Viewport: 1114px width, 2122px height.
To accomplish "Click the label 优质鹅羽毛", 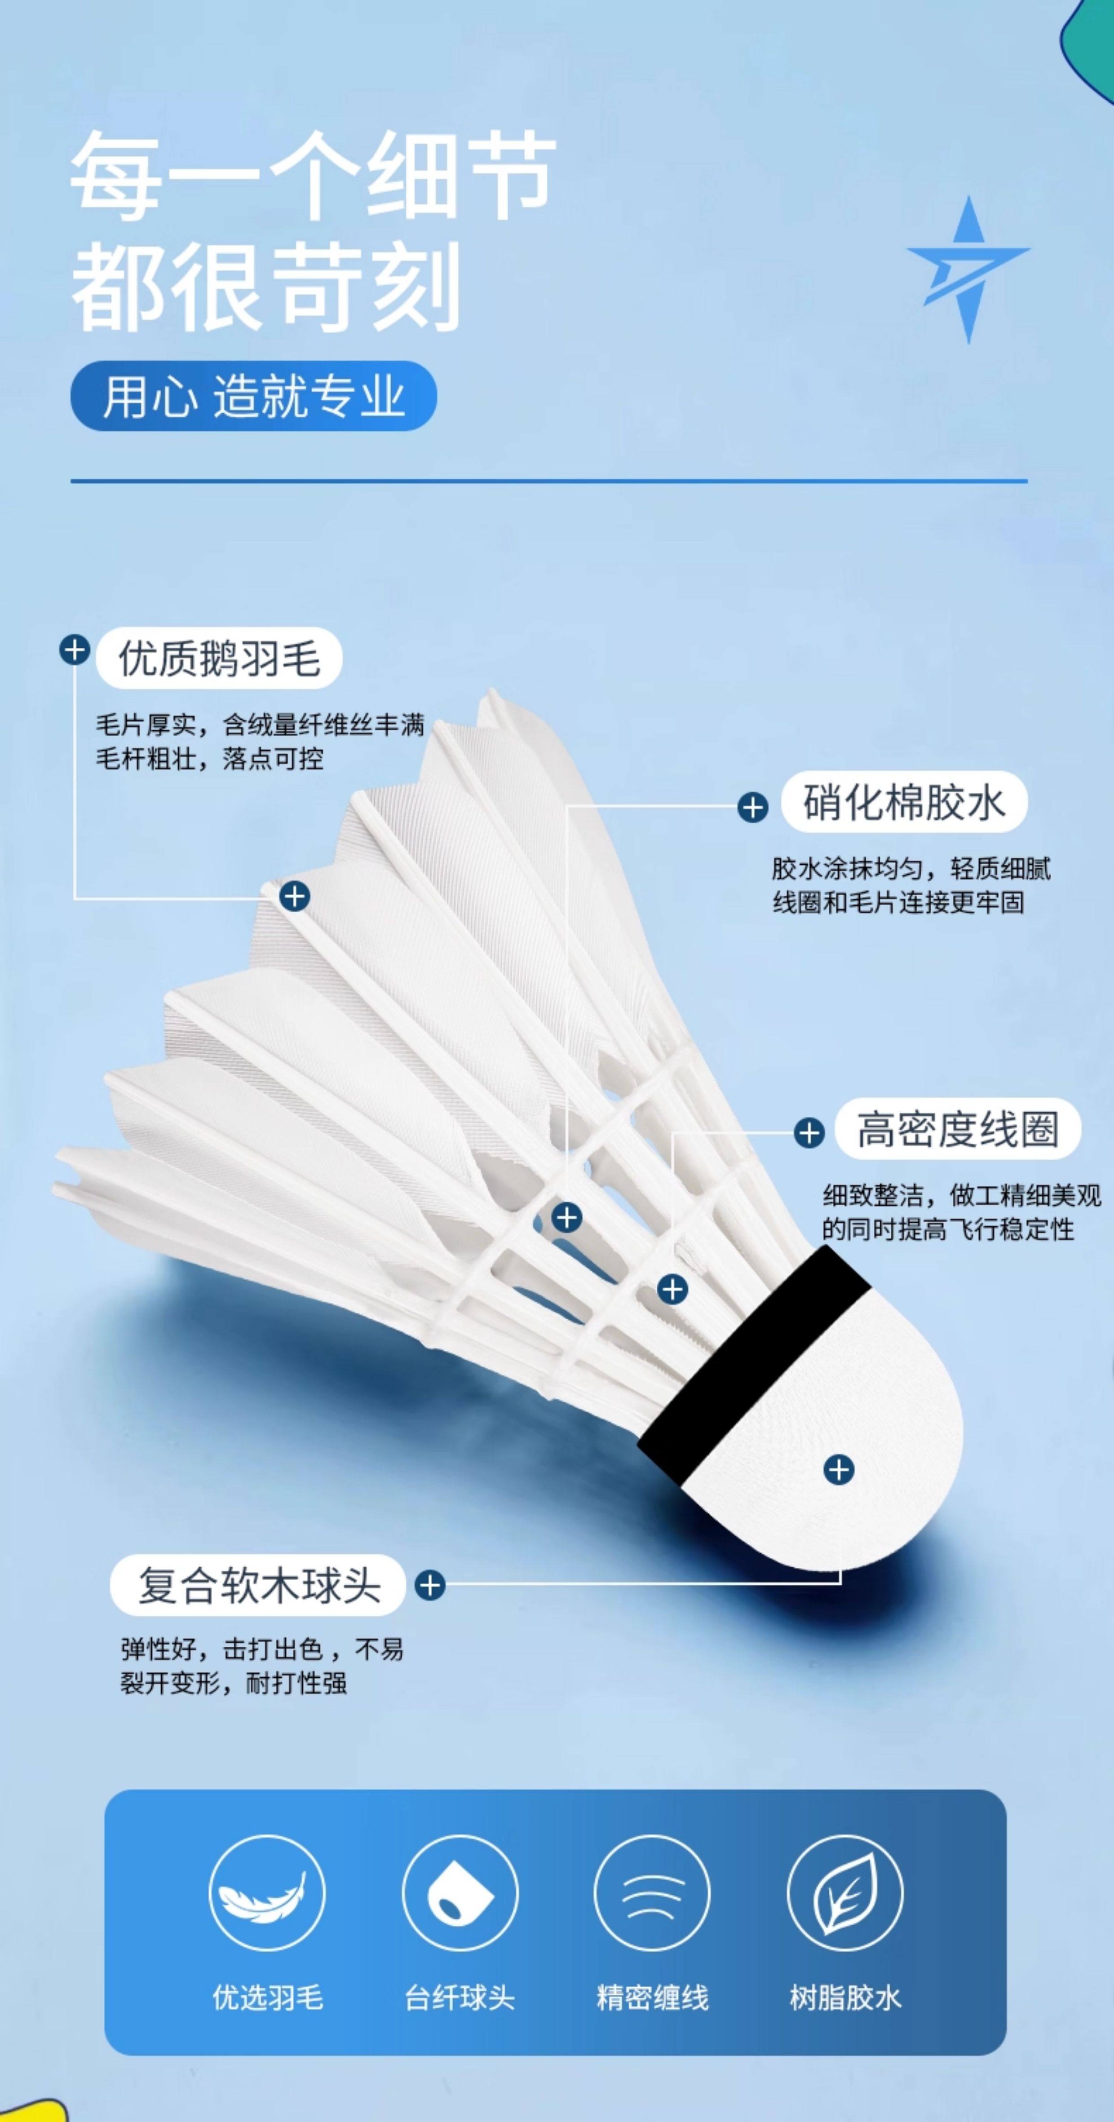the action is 219,658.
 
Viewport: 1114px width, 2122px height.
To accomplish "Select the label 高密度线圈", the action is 957,1128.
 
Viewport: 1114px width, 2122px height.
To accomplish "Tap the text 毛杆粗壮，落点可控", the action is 210,759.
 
